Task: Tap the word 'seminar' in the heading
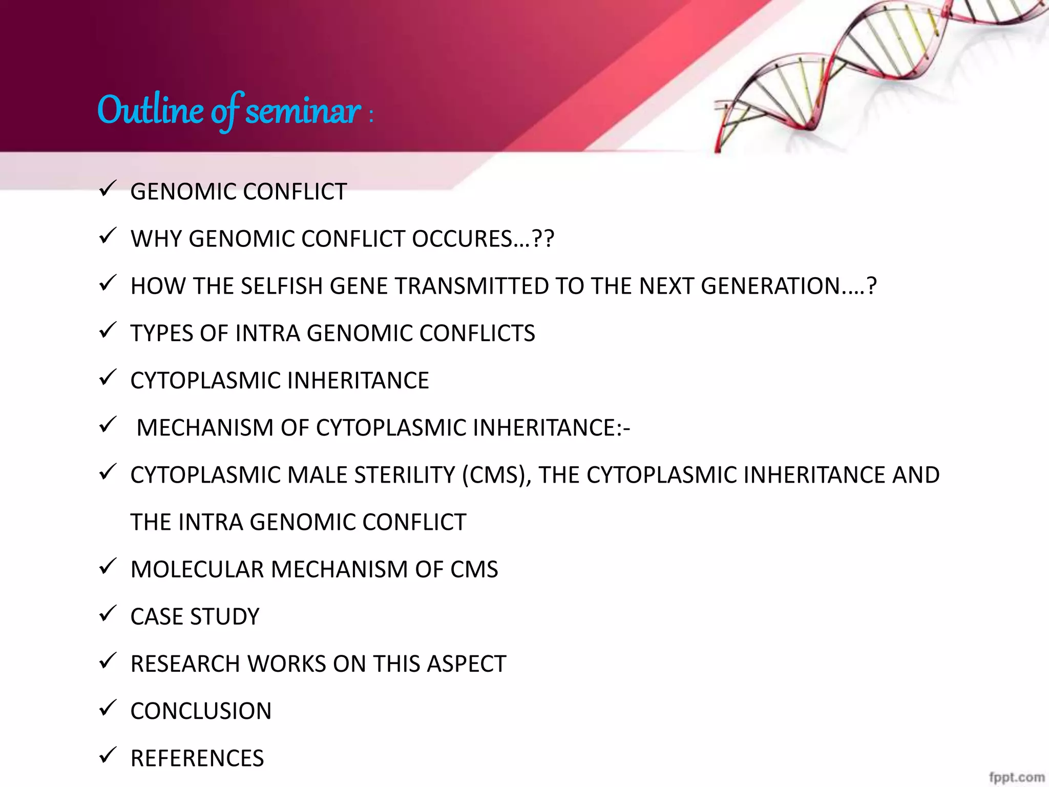[303, 110]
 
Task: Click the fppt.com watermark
[1017, 777]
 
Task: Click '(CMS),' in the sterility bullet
[496, 475]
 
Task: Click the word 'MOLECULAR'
[197, 569]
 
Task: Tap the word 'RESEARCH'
[185, 664]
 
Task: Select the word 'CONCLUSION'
[201, 711]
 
